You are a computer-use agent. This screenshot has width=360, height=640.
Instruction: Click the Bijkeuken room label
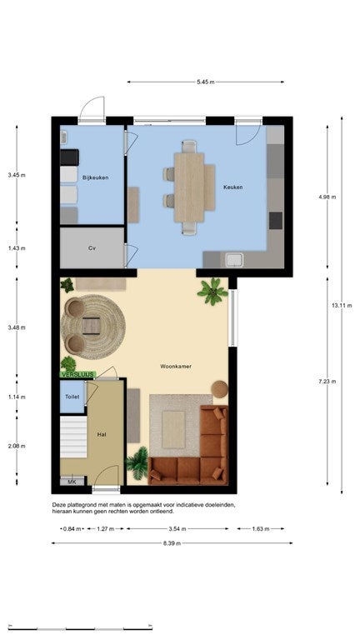(x=95, y=177)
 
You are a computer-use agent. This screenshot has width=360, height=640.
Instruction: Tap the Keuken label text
(x=232, y=187)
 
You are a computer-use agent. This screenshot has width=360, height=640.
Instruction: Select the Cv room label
(x=92, y=247)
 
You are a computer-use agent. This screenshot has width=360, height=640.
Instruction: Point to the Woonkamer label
(x=176, y=366)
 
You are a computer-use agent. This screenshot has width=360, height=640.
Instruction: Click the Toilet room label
(x=72, y=397)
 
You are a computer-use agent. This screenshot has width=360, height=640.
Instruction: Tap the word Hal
(x=101, y=435)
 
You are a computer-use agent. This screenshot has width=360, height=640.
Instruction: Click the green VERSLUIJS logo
(x=78, y=374)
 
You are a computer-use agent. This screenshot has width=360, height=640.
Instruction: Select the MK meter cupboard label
(x=72, y=482)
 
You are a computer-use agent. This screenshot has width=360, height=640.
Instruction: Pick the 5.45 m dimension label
(x=205, y=82)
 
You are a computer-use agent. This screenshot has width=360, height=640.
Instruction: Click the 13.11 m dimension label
(x=342, y=305)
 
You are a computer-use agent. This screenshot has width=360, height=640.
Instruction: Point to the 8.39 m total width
(x=172, y=543)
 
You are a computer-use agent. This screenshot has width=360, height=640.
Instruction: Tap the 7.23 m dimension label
(x=327, y=382)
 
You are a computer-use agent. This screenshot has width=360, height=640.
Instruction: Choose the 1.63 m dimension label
(x=260, y=529)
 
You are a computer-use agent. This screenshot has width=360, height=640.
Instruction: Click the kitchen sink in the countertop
(x=235, y=260)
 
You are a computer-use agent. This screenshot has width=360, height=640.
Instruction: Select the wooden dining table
(x=189, y=187)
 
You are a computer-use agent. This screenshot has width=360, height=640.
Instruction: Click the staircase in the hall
(x=73, y=437)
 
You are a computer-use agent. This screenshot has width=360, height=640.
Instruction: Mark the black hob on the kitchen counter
(x=276, y=221)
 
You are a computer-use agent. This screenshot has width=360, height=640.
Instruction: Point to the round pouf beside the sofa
(x=220, y=389)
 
